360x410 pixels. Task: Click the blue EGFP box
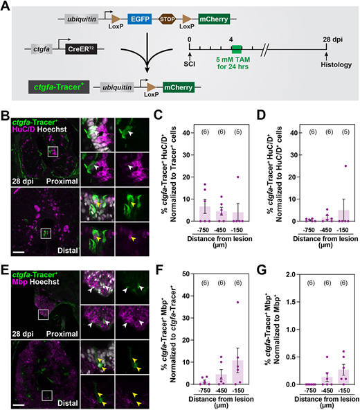(140, 19)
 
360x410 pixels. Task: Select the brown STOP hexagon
(167, 19)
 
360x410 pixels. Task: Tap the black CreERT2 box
(81, 49)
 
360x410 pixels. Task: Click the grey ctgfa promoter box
(42, 49)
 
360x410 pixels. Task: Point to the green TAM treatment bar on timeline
(237, 49)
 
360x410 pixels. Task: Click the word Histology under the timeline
(336, 64)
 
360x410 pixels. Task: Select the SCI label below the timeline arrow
(189, 64)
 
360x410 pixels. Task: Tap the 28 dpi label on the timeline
(332, 39)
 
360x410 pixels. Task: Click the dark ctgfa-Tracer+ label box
(59, 87)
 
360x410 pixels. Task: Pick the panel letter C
(158, 115)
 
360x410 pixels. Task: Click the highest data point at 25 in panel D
(345, 166)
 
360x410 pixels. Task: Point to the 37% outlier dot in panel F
(237, 302)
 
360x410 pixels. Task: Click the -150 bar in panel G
(343, 377)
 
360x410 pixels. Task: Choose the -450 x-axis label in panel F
(221, 391)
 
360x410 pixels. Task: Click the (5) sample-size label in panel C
(238, 132)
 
